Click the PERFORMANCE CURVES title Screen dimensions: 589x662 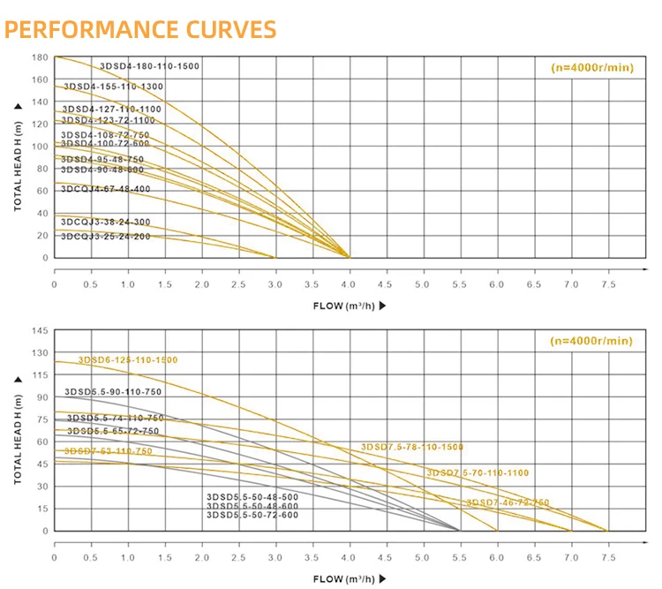coord(141,29)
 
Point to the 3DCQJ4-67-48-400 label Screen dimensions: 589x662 coord(106,189)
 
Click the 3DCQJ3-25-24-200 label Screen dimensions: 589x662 coord(106,237)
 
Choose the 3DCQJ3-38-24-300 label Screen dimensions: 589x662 coord(106,222)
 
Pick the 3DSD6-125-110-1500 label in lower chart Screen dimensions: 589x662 coord(128,360)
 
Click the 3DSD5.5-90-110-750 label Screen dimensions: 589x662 coord(113,391)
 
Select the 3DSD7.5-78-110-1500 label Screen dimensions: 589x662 coord(412,448)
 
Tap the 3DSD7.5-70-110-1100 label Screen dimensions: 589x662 coord(478,473)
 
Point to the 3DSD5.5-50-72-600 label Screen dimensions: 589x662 coord(252,514)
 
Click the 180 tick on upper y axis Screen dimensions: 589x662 coord(39,57)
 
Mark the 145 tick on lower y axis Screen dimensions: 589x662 coord(39,330)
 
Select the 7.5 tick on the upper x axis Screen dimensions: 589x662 coord(607,285)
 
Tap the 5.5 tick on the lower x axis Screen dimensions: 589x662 coord(460,557)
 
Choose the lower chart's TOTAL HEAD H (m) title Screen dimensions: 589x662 coord(18,433)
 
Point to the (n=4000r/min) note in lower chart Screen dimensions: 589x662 coord(591,341)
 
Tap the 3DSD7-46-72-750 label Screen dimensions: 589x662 coord(508,502)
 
